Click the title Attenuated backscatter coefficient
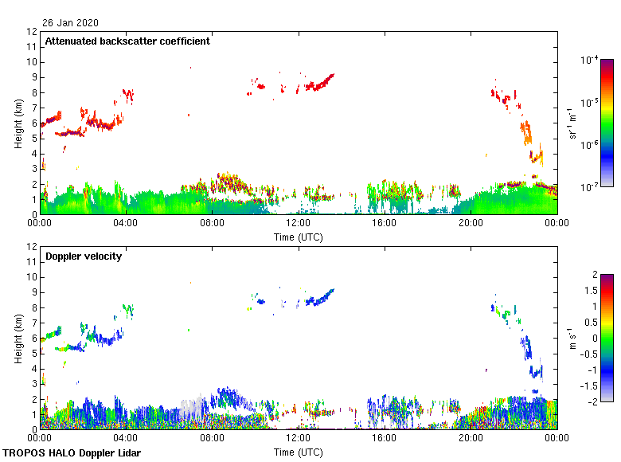pyautogui.click(x=127, y=41)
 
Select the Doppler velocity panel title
pyautogui.click(x=83, y=256)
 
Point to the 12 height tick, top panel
pyautogui.click(x=33, y=32)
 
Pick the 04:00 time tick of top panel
pyautogui.click(x=126, y=224)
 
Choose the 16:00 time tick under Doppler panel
pyautogui.click(x=385, y=439)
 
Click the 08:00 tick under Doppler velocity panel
pyautogui.click(x=212, y=439)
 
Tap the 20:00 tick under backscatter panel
pyautogui.click(x=471, y=224)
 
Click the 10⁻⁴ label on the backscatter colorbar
pyautogui.click(x=590, y=60)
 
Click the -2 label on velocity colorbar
pyautogui.click(x=593, y=401)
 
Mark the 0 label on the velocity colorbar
pyautogui.click(x=595, y=338)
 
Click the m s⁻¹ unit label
pyautogui.click(x=572, y=338)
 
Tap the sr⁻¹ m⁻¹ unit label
pyautogui.click(x=572, y=123)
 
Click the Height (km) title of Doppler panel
pyautogui.click(x=18, y=338)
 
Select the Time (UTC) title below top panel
pyautogui.click(x=299, y=237)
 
